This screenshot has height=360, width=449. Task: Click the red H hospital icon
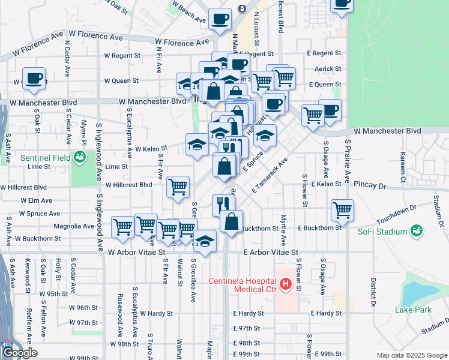(286, 284)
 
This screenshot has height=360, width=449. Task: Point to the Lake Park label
(414, 310)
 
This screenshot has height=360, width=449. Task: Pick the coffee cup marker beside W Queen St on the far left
(34, 79)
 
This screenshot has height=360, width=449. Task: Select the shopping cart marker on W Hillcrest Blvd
(178, 187)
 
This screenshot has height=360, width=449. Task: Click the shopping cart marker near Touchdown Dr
(342, 210)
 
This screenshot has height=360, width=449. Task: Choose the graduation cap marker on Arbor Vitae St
(205, 242)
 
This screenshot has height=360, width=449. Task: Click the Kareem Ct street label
(403, 160)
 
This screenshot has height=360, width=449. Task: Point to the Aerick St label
(328, 69)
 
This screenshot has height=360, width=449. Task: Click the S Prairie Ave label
(347, 163)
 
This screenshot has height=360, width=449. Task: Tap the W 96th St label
(83, 308)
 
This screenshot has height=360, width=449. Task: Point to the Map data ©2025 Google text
(412, 355)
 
